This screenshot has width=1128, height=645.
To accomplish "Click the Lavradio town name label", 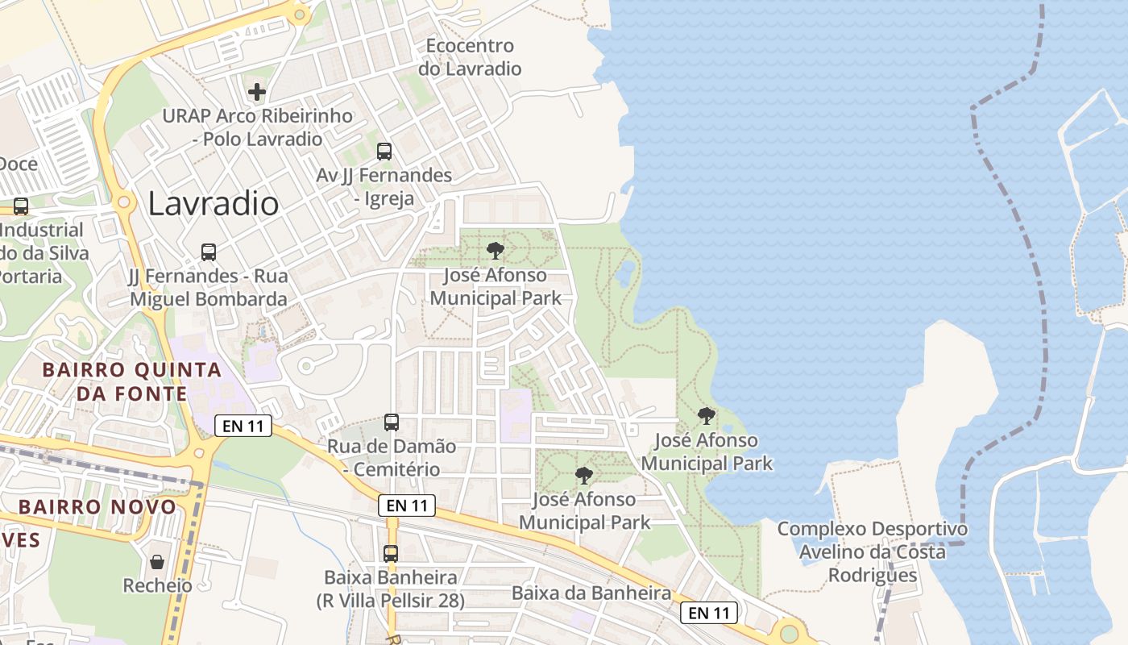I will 214,204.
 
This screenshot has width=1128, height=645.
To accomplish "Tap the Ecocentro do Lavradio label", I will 470,57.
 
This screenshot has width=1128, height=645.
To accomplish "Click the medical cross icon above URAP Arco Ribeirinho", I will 257,92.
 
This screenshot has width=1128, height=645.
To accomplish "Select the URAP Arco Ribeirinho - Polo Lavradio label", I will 258,127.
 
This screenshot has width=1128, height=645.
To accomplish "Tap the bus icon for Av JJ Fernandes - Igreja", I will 384,151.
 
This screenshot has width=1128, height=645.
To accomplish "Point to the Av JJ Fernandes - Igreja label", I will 384,186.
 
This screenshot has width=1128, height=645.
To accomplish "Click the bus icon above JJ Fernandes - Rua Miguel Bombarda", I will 209,252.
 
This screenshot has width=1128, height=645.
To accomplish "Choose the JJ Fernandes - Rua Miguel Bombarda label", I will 208,288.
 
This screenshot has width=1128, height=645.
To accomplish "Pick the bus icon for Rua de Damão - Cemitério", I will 392,422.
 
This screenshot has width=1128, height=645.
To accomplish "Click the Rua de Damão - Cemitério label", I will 392,457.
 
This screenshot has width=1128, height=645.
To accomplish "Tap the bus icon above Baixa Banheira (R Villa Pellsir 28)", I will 391,553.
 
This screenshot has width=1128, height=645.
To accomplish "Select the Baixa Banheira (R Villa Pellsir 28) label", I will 391,589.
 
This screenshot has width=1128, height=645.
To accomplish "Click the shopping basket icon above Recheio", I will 157,561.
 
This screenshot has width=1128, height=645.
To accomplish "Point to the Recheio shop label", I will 157,585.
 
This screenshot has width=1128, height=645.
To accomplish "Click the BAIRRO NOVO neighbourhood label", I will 97,507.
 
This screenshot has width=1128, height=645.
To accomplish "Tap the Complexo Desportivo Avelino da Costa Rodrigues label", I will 873,552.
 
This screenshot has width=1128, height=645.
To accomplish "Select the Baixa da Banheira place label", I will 591,593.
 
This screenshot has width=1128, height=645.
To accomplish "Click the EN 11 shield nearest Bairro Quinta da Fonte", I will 243,426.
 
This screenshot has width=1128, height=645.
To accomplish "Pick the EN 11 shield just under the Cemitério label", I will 407,506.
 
